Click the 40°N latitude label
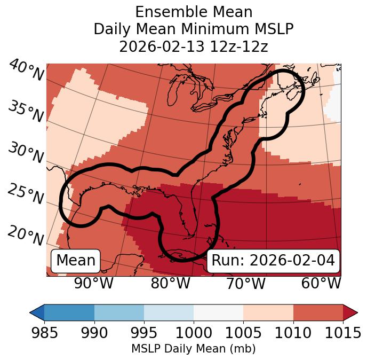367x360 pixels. point(26,71)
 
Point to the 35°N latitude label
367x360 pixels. point(26,112)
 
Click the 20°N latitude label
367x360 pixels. point(26,236)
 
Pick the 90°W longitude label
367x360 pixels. point(94,284)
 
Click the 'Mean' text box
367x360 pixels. point(76,261)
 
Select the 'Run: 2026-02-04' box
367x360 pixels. point(273,261)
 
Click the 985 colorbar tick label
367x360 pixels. point(44,333)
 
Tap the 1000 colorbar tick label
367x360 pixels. point(194,333)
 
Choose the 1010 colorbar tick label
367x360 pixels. point(293,333)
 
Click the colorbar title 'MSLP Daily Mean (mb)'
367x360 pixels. point(194,349)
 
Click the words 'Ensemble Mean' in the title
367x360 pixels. point(194,12)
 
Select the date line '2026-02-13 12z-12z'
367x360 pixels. point(194,46)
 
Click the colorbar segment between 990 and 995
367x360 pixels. point(119,312)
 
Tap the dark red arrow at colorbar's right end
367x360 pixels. point(350,312)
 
